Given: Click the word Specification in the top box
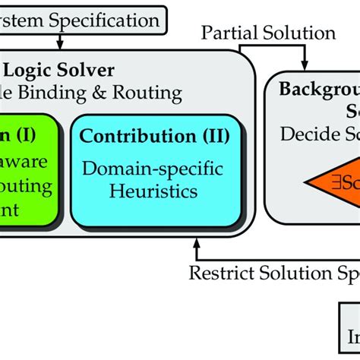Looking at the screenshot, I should point(103,21).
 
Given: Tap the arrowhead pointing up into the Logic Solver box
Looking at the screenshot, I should point(197,242).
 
